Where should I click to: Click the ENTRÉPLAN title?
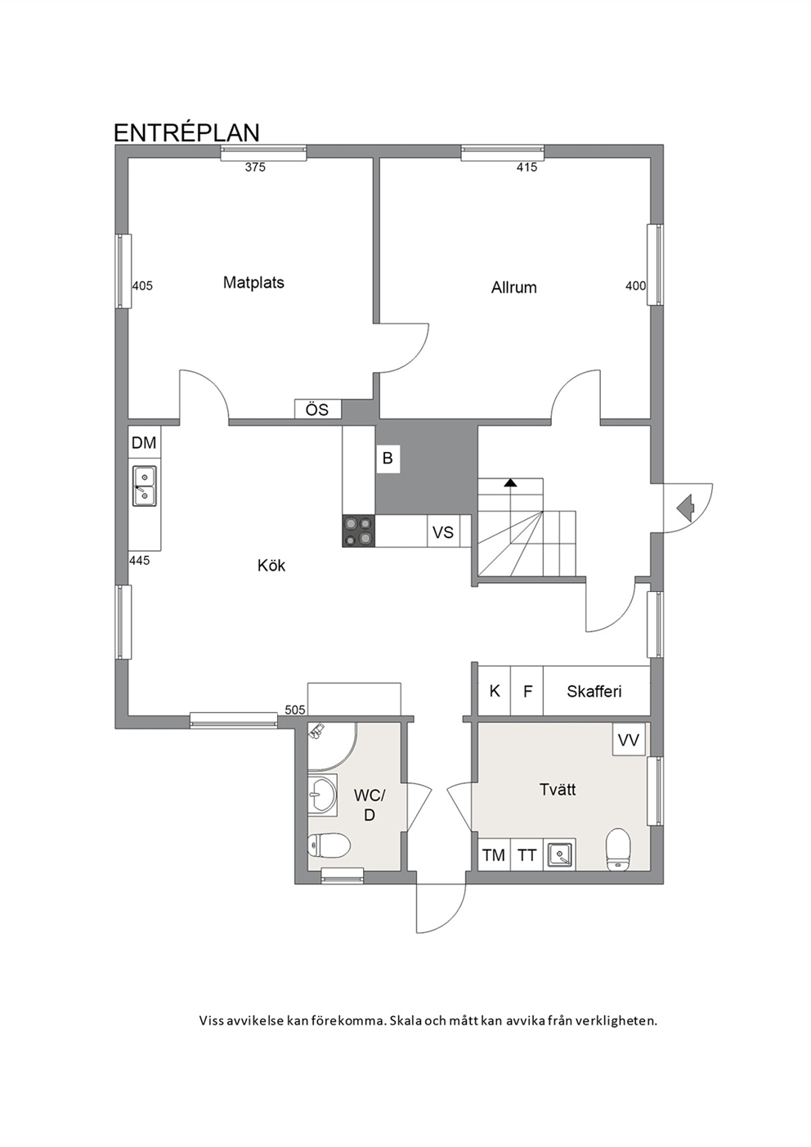[186, 132]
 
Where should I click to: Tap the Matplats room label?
[253, 282]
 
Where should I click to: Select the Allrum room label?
[514, 287]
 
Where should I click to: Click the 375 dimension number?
[256, 167]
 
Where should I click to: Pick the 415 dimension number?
[526, 167]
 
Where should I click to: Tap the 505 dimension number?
[295, 710]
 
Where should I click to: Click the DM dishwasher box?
[145, 442]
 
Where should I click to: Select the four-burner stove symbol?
[358, 531]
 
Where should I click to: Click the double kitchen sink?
[145, 486]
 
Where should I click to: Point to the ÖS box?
[317, 410]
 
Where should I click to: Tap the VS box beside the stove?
[443, 532]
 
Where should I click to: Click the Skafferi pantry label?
[594, 692]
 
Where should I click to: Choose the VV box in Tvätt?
[630, 740]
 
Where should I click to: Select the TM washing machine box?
[494, 854]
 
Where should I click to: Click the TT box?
[526, 854]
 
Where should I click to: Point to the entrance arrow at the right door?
[685, 508]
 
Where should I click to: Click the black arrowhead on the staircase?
[510, 482]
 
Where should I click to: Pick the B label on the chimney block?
[388, 458]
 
